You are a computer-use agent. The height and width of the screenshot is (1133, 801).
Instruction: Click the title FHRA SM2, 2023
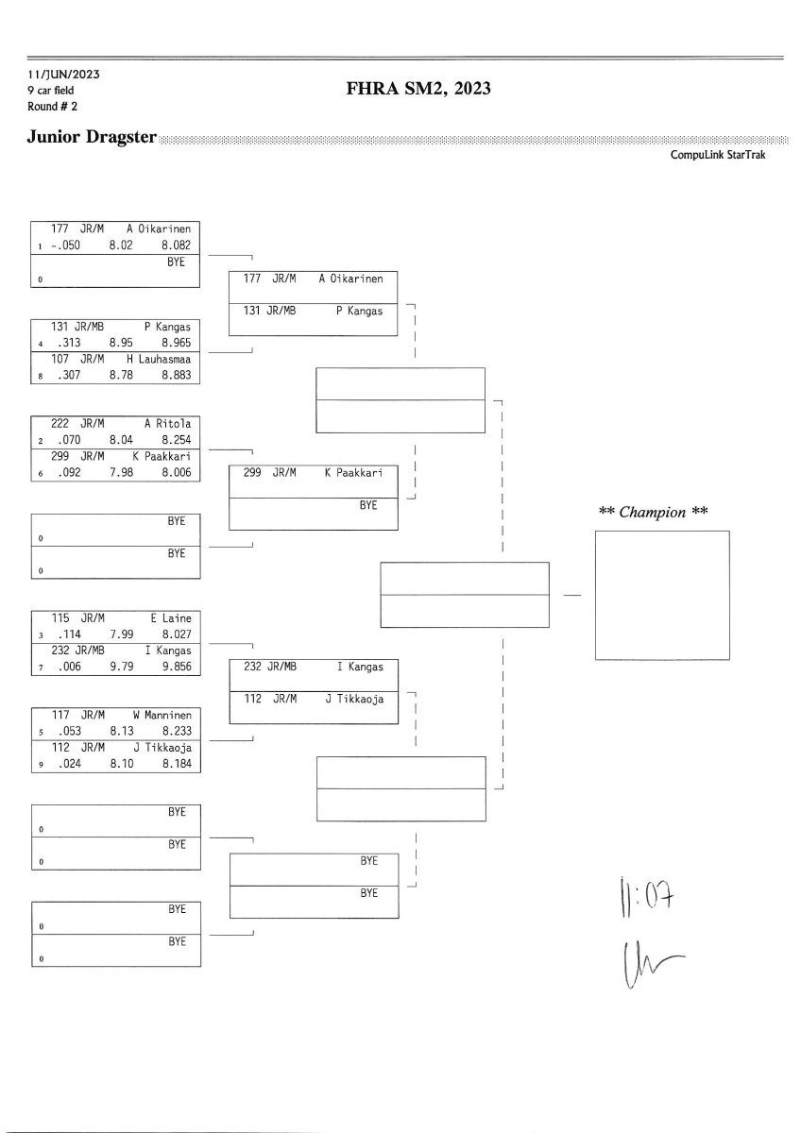[418, 90]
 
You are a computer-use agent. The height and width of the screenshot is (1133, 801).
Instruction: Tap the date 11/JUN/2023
[64, 74]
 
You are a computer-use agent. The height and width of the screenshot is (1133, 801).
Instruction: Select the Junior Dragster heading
[93, 140]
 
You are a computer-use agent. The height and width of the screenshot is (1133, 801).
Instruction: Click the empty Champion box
[661, 595]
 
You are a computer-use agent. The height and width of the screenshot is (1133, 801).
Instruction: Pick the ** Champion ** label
[654, 512]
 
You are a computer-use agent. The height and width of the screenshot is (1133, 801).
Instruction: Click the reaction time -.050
[68, 244]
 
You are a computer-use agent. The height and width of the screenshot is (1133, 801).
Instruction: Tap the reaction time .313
[67, 345]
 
